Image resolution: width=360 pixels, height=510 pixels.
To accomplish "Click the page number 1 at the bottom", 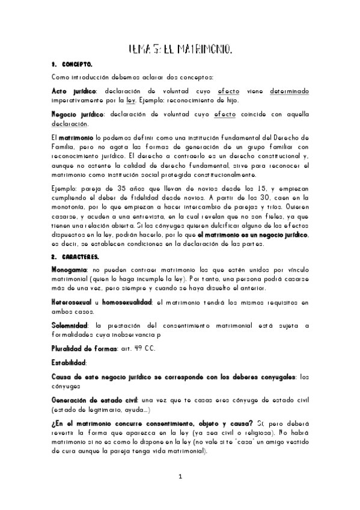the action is click(180, 477).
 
